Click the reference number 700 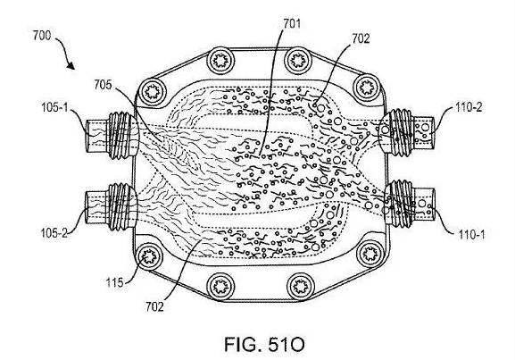pos(42,35)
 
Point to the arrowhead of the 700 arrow pos(71,66)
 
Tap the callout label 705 pos(103,85)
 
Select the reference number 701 pos(292,23)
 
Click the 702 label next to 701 pos(361,38)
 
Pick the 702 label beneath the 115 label pos(154,306)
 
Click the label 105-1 pos(54,107)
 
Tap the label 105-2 pos(54,233)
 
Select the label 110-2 pos(469,107)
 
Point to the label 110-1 pos(471,234)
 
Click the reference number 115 pos(114,282)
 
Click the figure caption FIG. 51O pos(264,345)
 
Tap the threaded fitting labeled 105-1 pos(112,136)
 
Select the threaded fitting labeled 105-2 pos(112,206)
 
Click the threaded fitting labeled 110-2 pos(407,132)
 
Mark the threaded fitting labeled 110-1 pos(409,204)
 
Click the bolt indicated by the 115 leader pos(149,255)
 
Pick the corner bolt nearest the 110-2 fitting pos(366,88)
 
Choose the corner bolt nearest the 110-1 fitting pos(370,254)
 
